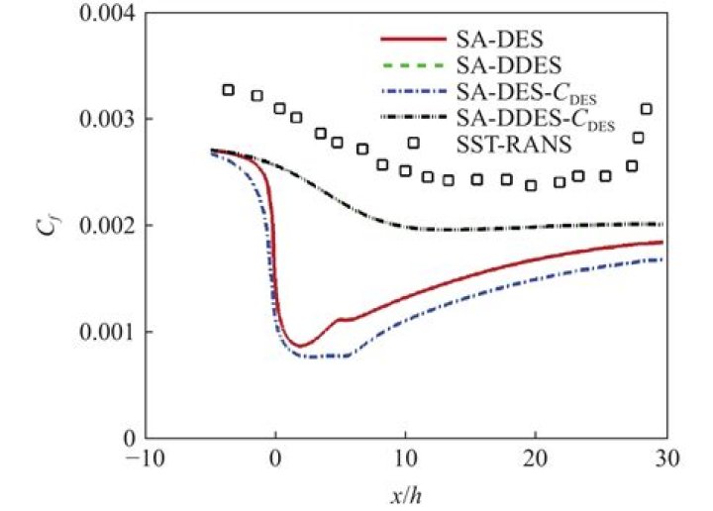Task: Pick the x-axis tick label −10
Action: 145,459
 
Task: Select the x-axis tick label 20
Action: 536,459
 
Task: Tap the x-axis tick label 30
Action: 665,459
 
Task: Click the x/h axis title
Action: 406,492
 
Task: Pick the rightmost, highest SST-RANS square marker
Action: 647,109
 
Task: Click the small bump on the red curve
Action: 340,319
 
